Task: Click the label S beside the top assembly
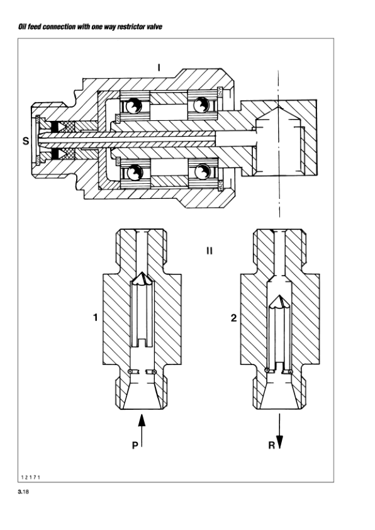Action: click(25, 141)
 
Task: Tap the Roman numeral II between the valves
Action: click(209, 251)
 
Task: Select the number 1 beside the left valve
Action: click(95, 319)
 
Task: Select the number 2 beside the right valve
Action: click(234, 319)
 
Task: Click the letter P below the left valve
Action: click(134, 445)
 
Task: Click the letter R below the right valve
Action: click(271, 445)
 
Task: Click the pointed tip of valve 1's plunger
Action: click(144, 277)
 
